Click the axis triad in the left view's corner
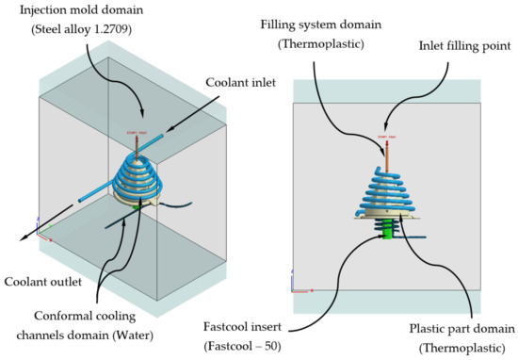[x=39, y=227]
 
